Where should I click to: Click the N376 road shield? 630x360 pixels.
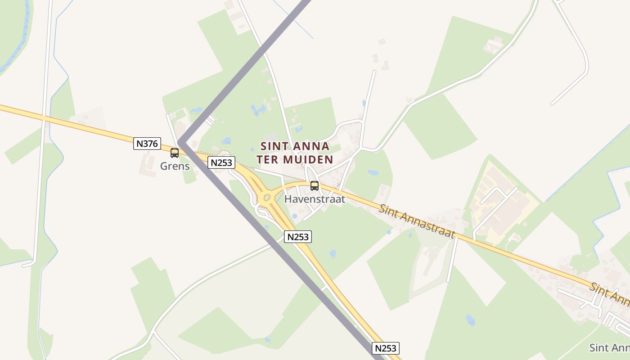tap(147, 144)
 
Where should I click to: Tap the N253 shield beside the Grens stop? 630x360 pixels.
tap(221, 162)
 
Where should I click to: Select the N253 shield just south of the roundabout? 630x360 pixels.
tap(298, 237)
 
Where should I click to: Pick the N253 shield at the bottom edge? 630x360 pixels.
tap(386, 348)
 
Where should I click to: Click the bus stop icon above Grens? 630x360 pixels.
tap(175, 153)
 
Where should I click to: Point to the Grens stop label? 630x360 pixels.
tap(175, 166)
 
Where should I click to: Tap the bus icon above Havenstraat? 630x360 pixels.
tap(315, 185)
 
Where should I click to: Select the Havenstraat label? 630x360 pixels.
tap(315, 199)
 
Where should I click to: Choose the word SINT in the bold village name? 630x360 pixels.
tap(274, 146)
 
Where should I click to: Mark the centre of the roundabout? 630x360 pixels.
tap(267, 198)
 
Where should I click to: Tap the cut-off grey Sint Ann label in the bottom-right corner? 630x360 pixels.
tap(609, 347)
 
